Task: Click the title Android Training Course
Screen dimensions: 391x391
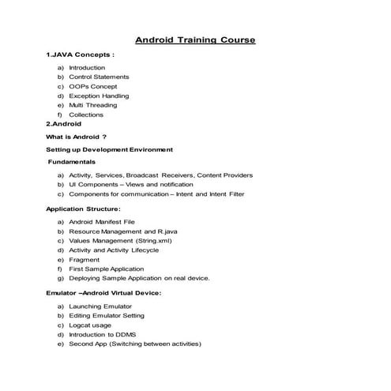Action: click(x=195, y=39)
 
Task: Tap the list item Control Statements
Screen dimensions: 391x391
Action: click(x=99, y=77)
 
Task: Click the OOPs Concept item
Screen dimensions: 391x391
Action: click(x=92, y=86)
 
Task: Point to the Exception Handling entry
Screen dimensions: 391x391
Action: click(x=99, y=96)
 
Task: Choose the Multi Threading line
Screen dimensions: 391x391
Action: click(x=92, y=105)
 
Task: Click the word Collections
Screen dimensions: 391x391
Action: click(x=86, y=115)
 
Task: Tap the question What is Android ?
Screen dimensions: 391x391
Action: click(x=77, y=136)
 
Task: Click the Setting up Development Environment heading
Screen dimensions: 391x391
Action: click(x=109, y=149)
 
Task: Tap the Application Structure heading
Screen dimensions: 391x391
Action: click(x=83, y=209)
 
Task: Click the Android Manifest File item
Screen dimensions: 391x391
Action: click(x=102, y=222)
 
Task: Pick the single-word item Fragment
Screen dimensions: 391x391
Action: click(x=84, y=260)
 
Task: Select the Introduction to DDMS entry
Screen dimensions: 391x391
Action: click(x=102, y=335)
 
